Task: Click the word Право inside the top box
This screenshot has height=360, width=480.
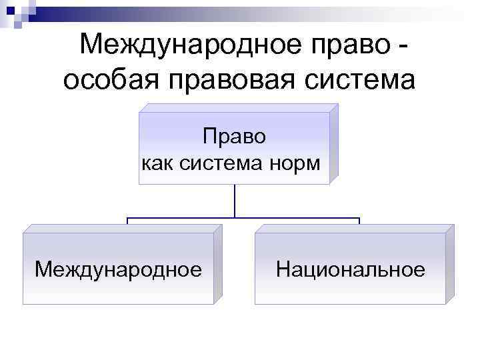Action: click(234, 137)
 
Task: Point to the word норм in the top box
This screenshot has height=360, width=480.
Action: click(298, 163)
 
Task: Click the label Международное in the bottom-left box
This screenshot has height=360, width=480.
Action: click(118, 269)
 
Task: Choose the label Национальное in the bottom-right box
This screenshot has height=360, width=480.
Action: click(350, 269)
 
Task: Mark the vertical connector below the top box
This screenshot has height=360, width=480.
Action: click(235, 201)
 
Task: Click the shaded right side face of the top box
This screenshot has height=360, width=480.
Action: click(334, 143)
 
